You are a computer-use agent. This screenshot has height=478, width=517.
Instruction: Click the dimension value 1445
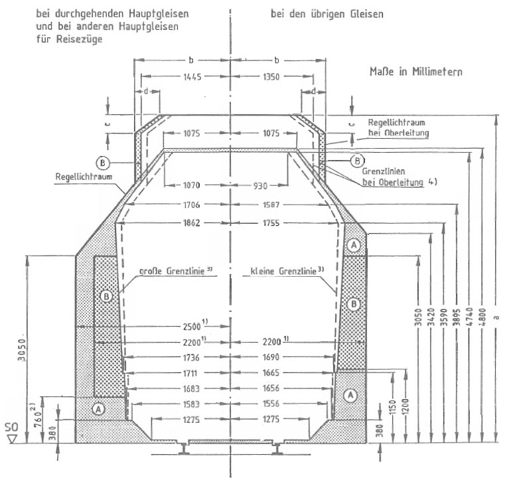click(192, 77)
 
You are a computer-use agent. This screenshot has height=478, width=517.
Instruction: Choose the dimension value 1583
click(192, 404)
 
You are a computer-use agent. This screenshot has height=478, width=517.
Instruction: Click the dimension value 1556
click(269, 404)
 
